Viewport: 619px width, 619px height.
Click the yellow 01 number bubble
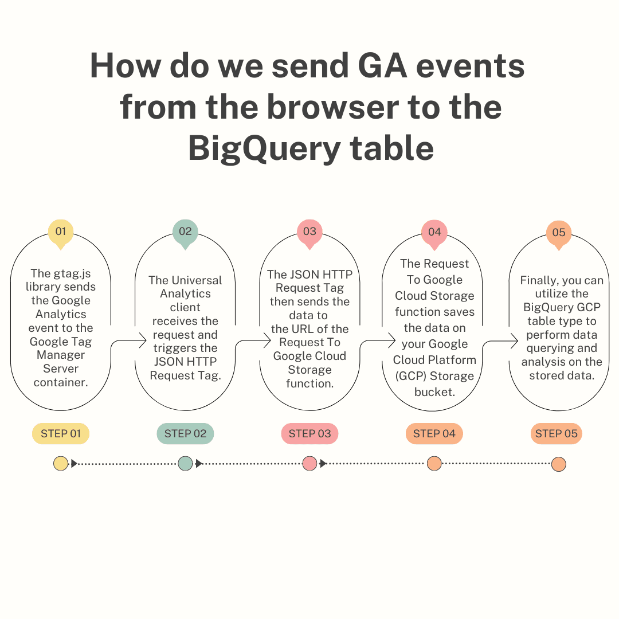(61, 232)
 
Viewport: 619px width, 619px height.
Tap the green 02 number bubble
(185, 232)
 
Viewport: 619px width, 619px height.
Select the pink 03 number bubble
(309, 232)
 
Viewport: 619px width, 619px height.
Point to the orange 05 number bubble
(559, 233)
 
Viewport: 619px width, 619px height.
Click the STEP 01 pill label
(61, 434)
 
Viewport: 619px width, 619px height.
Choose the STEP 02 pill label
(185, 434)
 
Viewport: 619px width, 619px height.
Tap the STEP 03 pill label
(309, 434)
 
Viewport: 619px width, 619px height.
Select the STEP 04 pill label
(434, 434)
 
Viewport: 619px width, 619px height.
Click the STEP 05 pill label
(556, 434)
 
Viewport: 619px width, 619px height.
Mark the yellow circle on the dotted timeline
(60, 464)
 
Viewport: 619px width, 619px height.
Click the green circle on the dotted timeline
(185, 464)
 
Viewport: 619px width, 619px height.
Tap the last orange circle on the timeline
(559, 464)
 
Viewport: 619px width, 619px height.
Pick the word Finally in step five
(540, 280)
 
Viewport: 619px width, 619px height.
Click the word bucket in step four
(434, 393)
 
